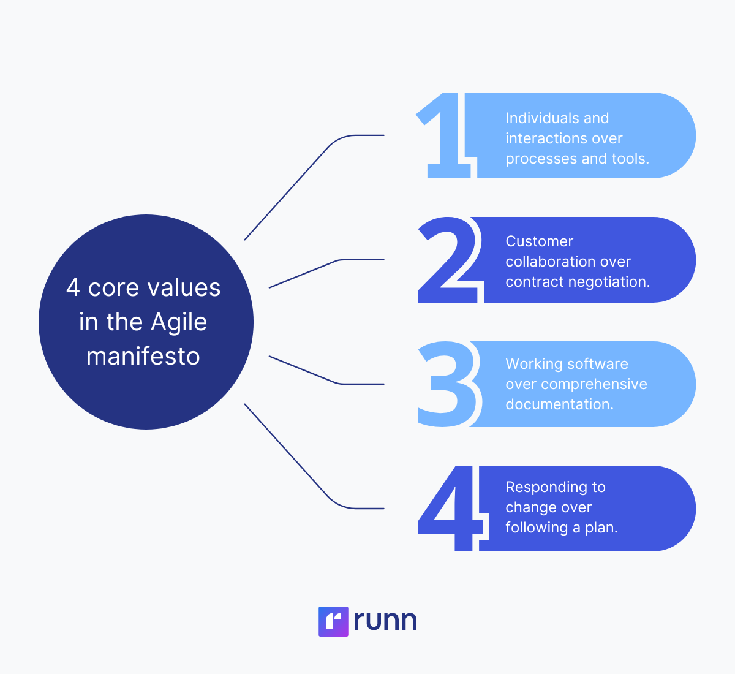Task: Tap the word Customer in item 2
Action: (539, 241)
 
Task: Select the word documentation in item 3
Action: (559, 404)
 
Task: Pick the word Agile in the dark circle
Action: (179, 323)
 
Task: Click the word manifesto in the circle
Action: (143, 356)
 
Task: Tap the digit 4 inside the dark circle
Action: (73, 288)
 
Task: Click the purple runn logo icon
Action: (333, 621)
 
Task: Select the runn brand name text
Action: (385, 621)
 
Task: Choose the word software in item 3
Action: (598, 364)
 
